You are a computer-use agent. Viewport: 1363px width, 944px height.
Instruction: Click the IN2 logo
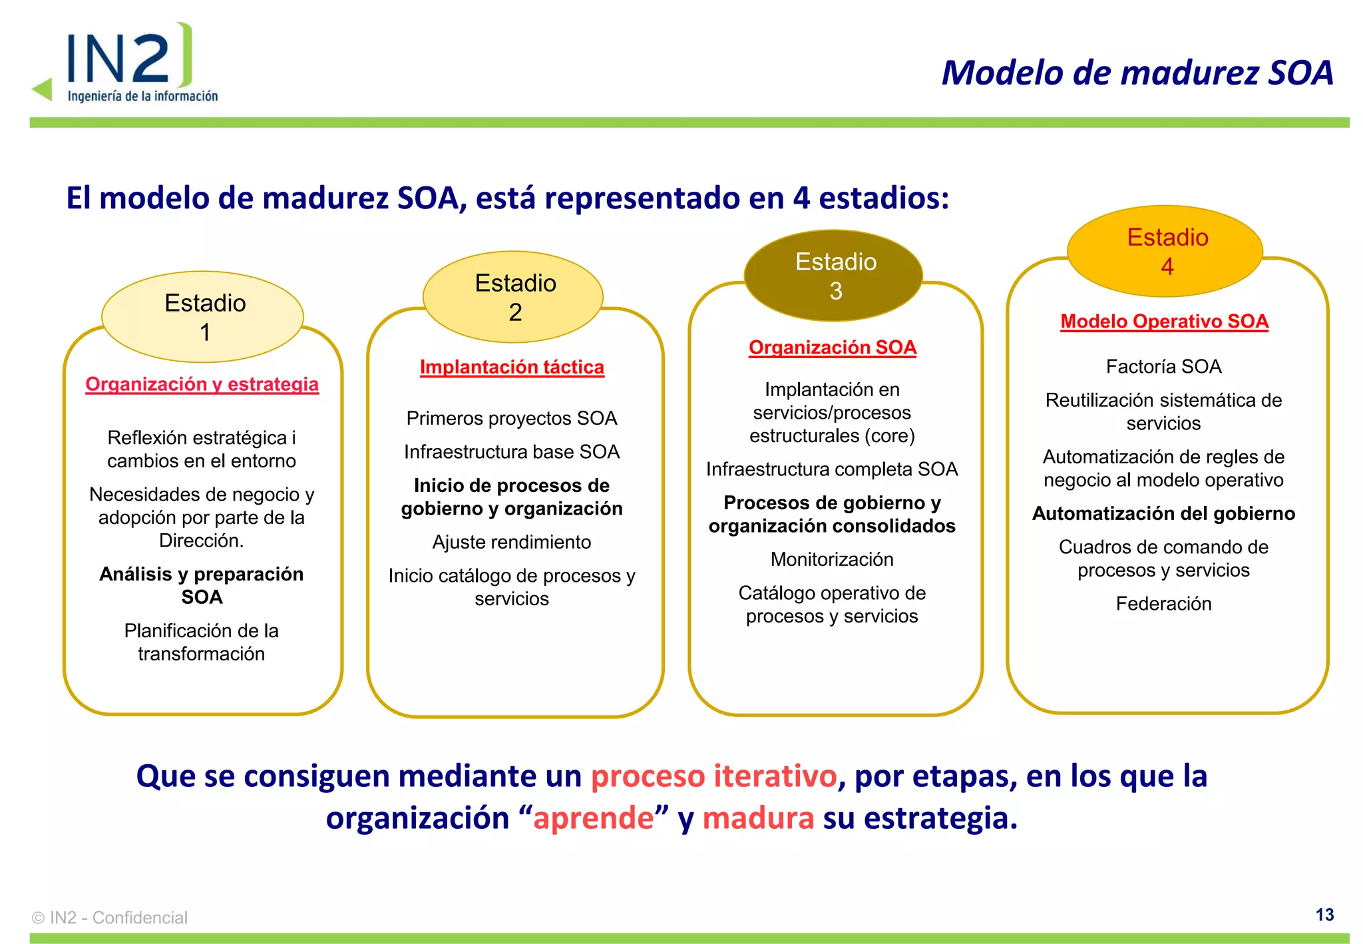(x=126, y=63)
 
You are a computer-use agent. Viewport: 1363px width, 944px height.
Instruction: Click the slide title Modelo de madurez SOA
(x=1137, y=73)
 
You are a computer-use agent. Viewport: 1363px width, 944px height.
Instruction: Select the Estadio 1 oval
(x=203, y=317)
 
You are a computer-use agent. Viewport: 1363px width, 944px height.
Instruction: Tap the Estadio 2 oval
(x=513, y=297)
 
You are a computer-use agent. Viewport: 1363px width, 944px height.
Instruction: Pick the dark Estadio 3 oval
(x=833, y=276)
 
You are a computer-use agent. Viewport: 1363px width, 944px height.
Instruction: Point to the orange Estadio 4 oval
(x=1165, y=251)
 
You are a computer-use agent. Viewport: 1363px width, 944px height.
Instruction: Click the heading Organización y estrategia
(x=202, y=384)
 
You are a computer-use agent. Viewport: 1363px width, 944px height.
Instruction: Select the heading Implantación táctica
(x=512, y=367)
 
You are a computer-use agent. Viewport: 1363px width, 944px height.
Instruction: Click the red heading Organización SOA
(x=832, y=348)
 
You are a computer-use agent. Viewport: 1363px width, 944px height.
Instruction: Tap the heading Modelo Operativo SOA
(x=1164, y=322)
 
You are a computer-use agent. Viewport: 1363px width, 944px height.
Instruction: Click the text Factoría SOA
(x=1163, y=366)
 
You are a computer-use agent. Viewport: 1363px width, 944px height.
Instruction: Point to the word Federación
(x=1163, y=603)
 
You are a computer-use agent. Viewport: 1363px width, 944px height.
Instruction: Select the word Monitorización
(x=832, y=559)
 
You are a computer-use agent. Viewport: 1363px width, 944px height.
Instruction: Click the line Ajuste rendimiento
(x=512, y=542)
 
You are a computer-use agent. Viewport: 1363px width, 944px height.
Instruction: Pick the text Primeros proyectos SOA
(x=512, y=418)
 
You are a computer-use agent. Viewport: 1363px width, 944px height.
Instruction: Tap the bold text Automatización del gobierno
(x=1163, y=513)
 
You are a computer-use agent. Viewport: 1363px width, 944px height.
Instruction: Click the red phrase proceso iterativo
(x=713, y=776)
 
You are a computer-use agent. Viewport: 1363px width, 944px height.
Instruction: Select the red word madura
(x=758, y=818)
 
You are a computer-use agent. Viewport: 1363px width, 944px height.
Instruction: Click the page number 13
(x=1324, y=915)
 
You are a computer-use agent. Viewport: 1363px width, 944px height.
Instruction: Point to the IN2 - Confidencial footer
(x=110, y=917)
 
